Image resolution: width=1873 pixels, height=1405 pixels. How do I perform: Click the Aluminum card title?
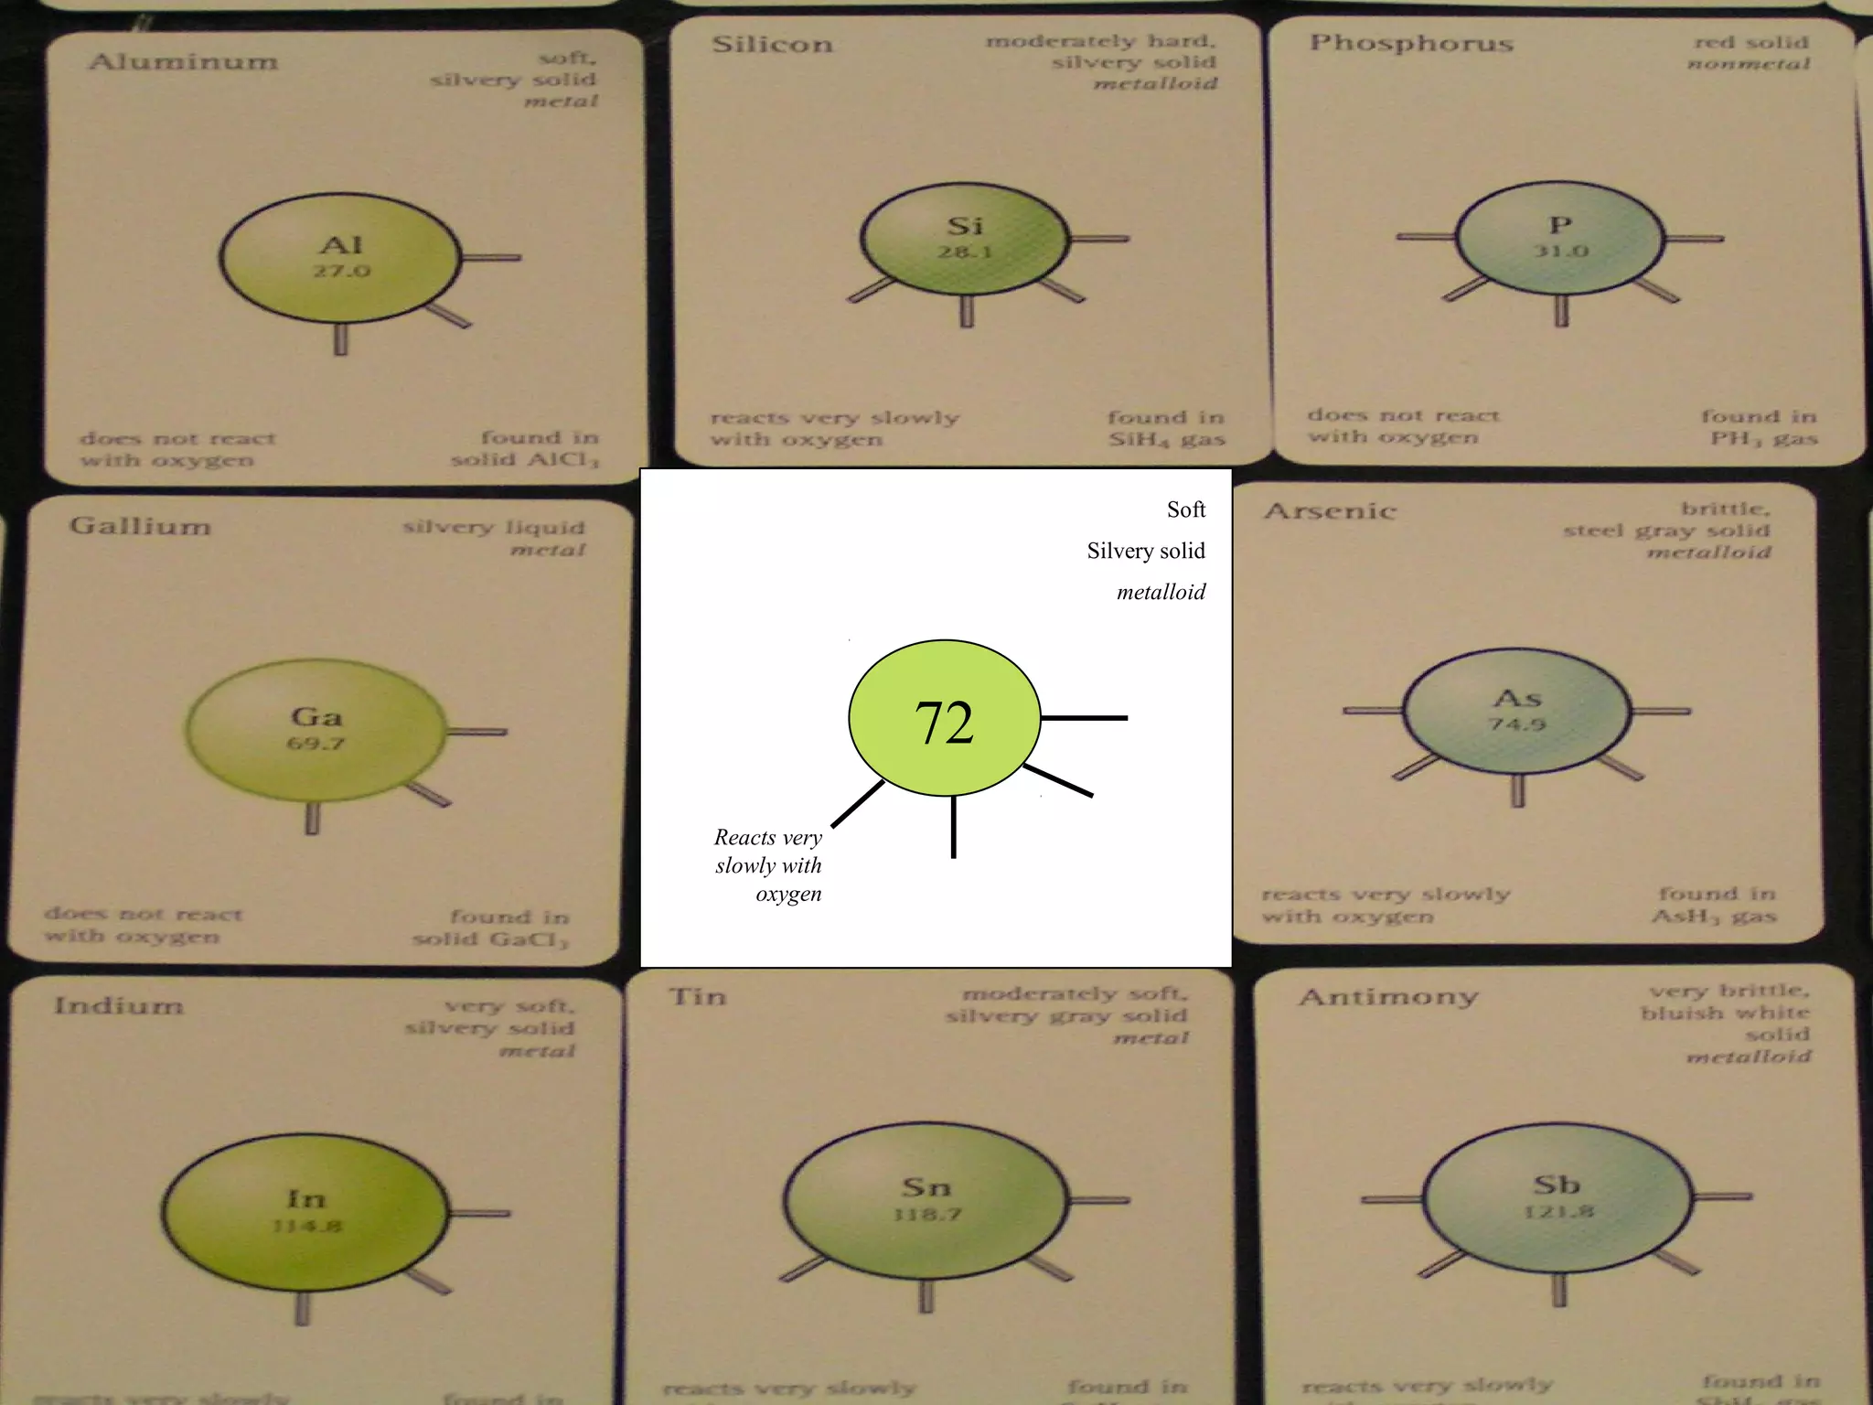tap(183, 62)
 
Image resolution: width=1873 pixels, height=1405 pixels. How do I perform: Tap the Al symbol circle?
tap(340, 258)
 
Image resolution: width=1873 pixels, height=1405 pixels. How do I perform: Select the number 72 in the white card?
tap(944, 723)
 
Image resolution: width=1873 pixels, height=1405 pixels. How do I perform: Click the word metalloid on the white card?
tap(1161, 593)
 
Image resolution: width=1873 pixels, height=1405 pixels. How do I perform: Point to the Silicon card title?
tap(773, 45)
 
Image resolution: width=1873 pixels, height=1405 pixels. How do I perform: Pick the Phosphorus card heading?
tap(1411, 43)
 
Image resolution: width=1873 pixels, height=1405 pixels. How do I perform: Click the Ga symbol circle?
tap(316, 729)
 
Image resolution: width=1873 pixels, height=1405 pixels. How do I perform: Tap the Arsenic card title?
tap(1331, 511)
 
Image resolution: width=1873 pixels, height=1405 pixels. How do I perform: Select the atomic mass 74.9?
tap(1516, 724)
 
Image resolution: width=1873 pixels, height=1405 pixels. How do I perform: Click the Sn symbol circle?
tap(926, 1199)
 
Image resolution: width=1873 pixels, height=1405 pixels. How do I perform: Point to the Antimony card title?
tap(1388, 996)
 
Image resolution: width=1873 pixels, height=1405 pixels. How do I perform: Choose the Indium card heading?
tap(119, 1006)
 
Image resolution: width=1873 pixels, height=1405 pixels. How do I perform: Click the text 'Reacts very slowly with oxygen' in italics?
tap(768, 865)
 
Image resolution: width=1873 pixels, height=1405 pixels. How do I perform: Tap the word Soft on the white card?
tap(1186, 509)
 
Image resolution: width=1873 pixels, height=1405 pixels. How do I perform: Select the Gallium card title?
tap(140, 526)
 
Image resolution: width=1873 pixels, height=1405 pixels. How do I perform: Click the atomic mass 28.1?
tap(964, 252)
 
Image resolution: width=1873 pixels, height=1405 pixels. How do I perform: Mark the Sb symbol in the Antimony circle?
tap(1557, 1185)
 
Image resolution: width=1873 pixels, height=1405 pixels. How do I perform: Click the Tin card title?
tap(698, 996)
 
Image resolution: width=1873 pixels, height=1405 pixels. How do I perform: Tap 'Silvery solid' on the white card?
tap(1146, 551)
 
